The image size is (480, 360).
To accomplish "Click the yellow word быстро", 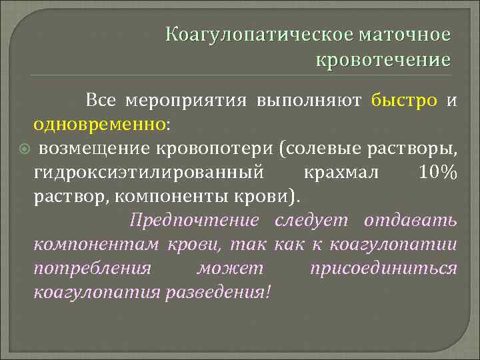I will click(x=405, y=100).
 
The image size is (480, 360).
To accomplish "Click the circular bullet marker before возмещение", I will click(x=21, y=148).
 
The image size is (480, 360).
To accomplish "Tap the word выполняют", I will click(x=309, y=100).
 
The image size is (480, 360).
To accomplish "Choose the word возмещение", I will click(x=96, y=148).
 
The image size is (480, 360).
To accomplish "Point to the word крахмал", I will click(x=341, y=173).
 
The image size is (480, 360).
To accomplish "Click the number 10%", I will click(x=438, y=173).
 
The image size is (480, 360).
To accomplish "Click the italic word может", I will click(x=231, y=268).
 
